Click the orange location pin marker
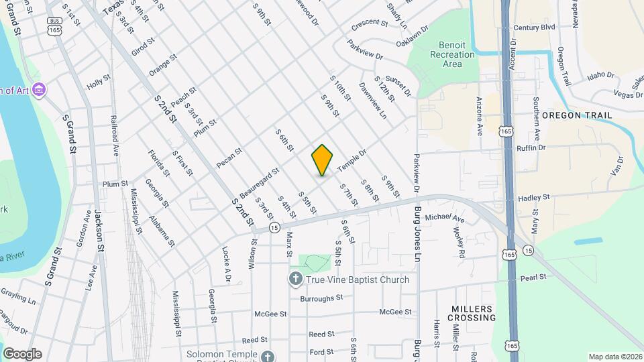click(x=323, y=160)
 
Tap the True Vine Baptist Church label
click(x=357, y=280)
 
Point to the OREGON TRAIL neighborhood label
click(x=577, y=115)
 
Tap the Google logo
click(x=22, y=353)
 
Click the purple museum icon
click(x=40, y=89)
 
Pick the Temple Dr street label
click(x=352, y=159)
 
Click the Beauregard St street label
click(x=260, y=183)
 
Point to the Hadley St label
click(x=534, y=198)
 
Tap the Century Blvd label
click(x=534, y=27)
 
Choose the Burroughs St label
click(x=321, y=298)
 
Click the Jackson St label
click(x=99, y=231)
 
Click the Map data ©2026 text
click(x=614, y=357)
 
